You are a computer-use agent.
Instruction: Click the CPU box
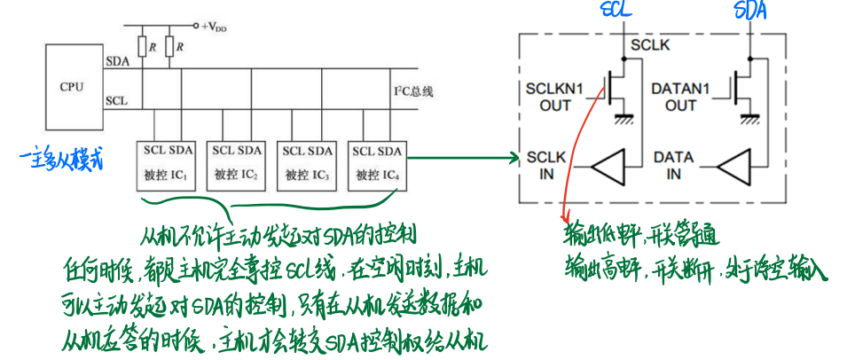[x=73, y=87]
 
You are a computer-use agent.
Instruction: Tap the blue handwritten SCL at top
[x=617, y=11]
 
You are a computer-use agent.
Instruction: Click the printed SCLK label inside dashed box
[x=649, y=44]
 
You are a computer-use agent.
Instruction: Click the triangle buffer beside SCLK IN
[x=609, y=166]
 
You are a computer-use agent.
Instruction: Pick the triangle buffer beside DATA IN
[x=735, y=166]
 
